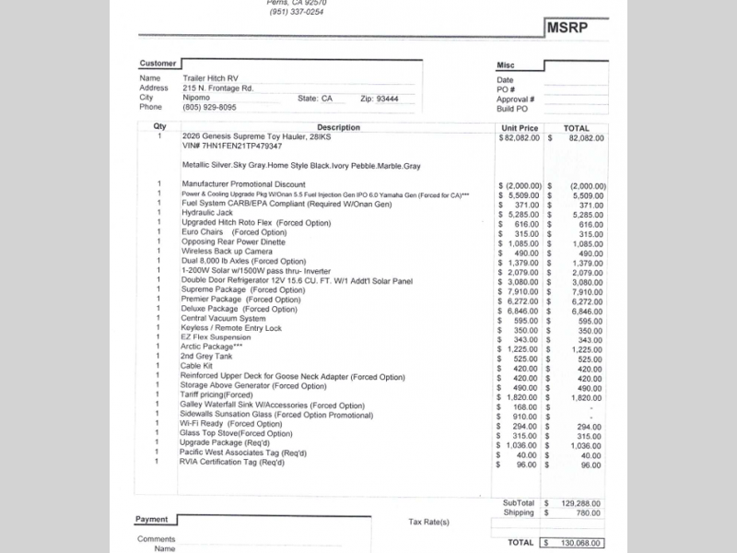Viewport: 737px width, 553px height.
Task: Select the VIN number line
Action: [x=232, y=146]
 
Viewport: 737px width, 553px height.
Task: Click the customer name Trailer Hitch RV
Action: [x=210, y=79]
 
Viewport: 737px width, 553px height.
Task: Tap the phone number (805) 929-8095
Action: [x=209, y=107]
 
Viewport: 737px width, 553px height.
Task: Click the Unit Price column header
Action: [x=520, y=128]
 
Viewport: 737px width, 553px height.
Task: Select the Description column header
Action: [x=338, y=128]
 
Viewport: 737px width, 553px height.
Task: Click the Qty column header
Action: [x=159, y=127]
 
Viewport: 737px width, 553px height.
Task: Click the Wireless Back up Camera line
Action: [x=227, y=252]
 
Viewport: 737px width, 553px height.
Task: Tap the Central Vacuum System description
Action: [x=225, y=319]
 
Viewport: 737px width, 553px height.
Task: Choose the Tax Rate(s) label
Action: [x=429, y=523]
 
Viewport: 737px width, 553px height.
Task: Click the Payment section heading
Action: [x=152, y=519]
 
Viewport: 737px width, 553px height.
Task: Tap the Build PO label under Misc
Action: [x=513, y=108]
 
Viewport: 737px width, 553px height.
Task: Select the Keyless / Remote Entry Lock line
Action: [x=231, y=328]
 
